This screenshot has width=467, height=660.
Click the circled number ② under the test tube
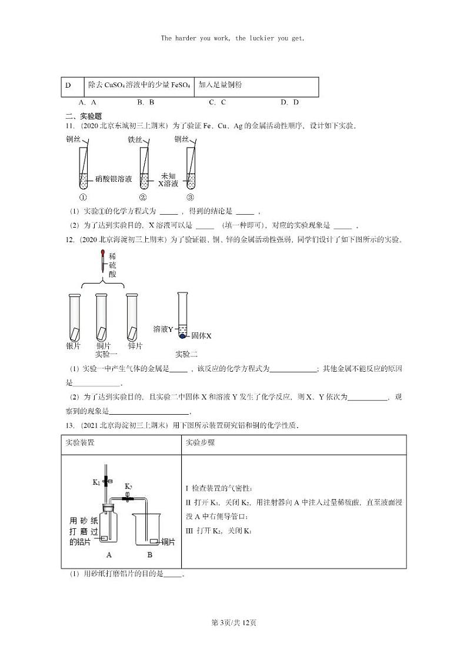tap(142, 198)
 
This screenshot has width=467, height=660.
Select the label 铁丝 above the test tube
tap(135, 140)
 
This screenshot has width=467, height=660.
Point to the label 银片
tap(73, 346)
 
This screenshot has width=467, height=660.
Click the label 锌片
tap(135, 346)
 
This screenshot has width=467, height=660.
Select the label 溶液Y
tap(163, 329)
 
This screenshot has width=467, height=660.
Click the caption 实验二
tap(187, 354)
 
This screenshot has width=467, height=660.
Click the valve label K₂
tap(129, 487)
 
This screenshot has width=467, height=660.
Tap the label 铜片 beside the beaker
tap(168, 542)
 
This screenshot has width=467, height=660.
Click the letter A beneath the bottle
tap(109, 555)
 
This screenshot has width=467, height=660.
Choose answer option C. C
tap(217, 102)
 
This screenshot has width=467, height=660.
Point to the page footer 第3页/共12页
tap(233, 622)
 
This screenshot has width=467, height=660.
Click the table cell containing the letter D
tap(68, 85)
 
